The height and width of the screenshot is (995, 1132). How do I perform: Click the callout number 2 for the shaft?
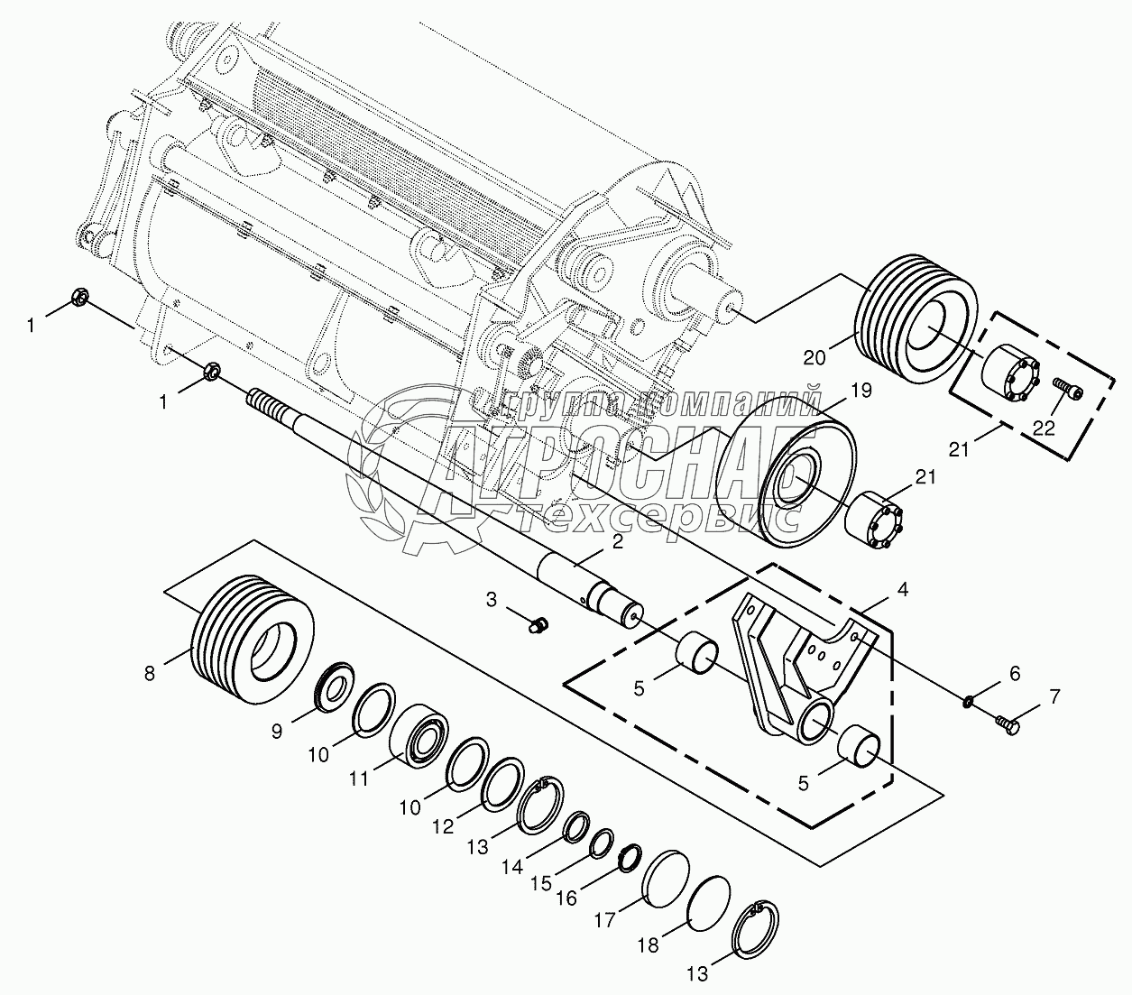coord(617,542)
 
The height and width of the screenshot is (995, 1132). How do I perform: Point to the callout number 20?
coord(814,357)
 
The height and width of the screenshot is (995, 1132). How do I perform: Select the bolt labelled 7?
coord(1008,723)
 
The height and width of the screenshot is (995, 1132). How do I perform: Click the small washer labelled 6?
coord(968,702)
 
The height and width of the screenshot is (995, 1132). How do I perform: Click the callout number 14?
coord(512,867)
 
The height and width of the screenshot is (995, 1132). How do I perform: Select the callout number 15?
coord(540,883)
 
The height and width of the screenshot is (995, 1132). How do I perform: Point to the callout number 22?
coord(1044,428)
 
